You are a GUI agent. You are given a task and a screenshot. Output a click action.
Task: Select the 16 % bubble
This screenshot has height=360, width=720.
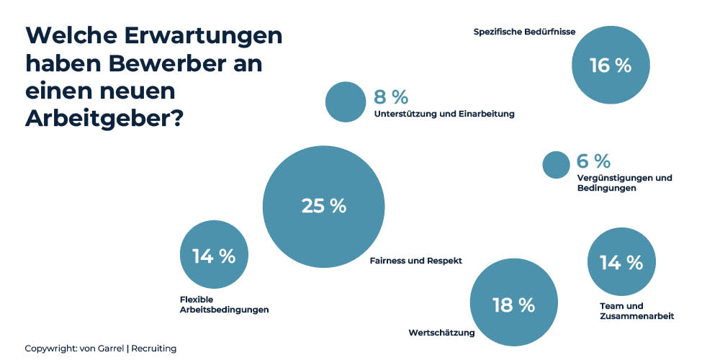click(611, 66)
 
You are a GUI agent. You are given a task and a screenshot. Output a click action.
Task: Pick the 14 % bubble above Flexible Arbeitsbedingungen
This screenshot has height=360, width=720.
click(213, 256)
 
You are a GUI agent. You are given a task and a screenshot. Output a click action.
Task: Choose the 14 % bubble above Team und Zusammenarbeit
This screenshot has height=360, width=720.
click(621, 262)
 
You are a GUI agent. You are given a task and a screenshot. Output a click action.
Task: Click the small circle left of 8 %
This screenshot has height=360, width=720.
click(346, 102)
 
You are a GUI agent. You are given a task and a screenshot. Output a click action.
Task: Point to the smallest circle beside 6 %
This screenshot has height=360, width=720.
click(555, 165)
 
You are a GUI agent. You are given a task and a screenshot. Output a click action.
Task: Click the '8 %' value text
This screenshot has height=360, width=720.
click(391, 97)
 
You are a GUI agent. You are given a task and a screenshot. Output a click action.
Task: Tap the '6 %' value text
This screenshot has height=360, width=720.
click(593, 161)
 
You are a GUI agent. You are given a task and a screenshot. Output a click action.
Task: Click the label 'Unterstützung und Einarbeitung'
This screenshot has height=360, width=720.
click(444, 114)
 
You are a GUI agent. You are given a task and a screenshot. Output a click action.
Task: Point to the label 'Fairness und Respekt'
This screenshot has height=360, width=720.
click(415, 261)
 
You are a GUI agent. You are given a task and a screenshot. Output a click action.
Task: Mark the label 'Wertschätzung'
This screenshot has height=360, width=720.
click(441, 333)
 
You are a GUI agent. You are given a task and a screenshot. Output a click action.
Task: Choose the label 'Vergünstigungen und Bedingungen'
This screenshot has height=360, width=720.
click(624, 183)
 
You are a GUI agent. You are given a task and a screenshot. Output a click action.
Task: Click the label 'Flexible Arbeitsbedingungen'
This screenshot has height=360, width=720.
click(224, 305)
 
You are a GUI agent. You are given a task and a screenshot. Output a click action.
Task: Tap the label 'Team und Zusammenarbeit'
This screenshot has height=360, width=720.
click(636, 311)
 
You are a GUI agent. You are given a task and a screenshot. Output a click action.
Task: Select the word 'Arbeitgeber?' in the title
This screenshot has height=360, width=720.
click(104, 119)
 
